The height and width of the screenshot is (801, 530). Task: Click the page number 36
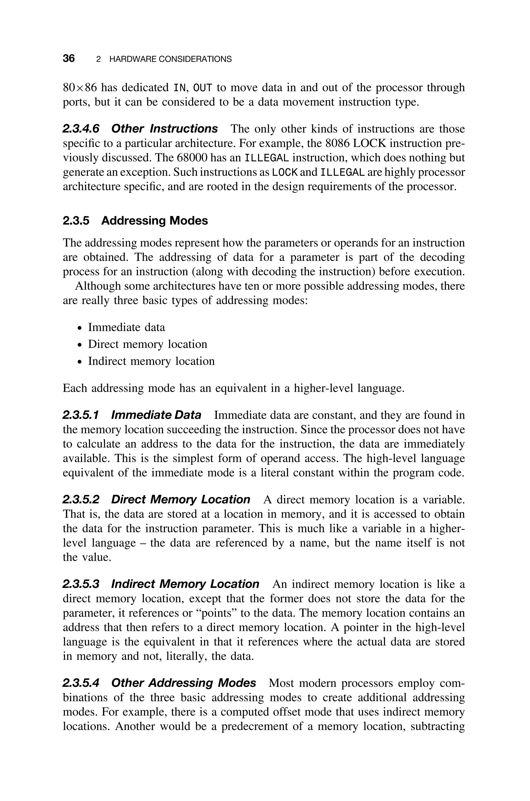point(69,58)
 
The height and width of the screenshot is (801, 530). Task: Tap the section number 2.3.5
point(76,220)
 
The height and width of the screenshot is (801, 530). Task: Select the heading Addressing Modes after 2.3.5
point(154,220)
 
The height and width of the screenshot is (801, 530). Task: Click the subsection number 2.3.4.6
point(81,128)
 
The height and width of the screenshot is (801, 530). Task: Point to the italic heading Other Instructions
point(164,128)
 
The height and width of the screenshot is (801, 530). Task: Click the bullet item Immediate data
point(126,327)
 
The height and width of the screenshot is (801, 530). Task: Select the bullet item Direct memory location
point(147,344)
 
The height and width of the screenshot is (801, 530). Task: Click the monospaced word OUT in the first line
point(202,88)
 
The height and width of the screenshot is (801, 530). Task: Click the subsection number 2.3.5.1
point(81,415)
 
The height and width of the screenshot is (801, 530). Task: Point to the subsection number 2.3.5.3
point(81,584)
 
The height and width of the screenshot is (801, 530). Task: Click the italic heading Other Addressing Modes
point(183,683)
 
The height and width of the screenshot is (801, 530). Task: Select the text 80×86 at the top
point(80,88)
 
